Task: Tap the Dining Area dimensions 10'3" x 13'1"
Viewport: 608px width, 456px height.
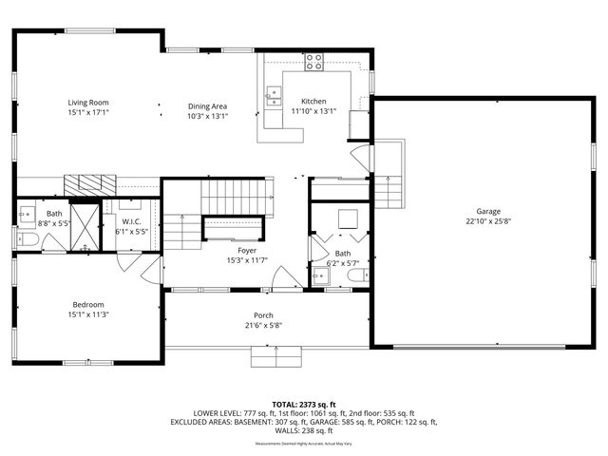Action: point(206,116)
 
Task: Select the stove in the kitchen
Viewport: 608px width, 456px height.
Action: point(313,63)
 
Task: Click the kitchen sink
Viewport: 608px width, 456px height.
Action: point(274,93)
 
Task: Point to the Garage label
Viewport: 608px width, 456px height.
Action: point(488,211)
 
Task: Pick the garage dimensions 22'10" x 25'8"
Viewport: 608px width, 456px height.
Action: point(488,221)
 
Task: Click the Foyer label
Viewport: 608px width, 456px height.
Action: point(247,250)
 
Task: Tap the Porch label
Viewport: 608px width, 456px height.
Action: point(263,315)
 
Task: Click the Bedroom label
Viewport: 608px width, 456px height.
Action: point(88,304)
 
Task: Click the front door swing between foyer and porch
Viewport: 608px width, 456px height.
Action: point(282,278)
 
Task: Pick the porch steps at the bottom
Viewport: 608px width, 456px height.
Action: point(275,357)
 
